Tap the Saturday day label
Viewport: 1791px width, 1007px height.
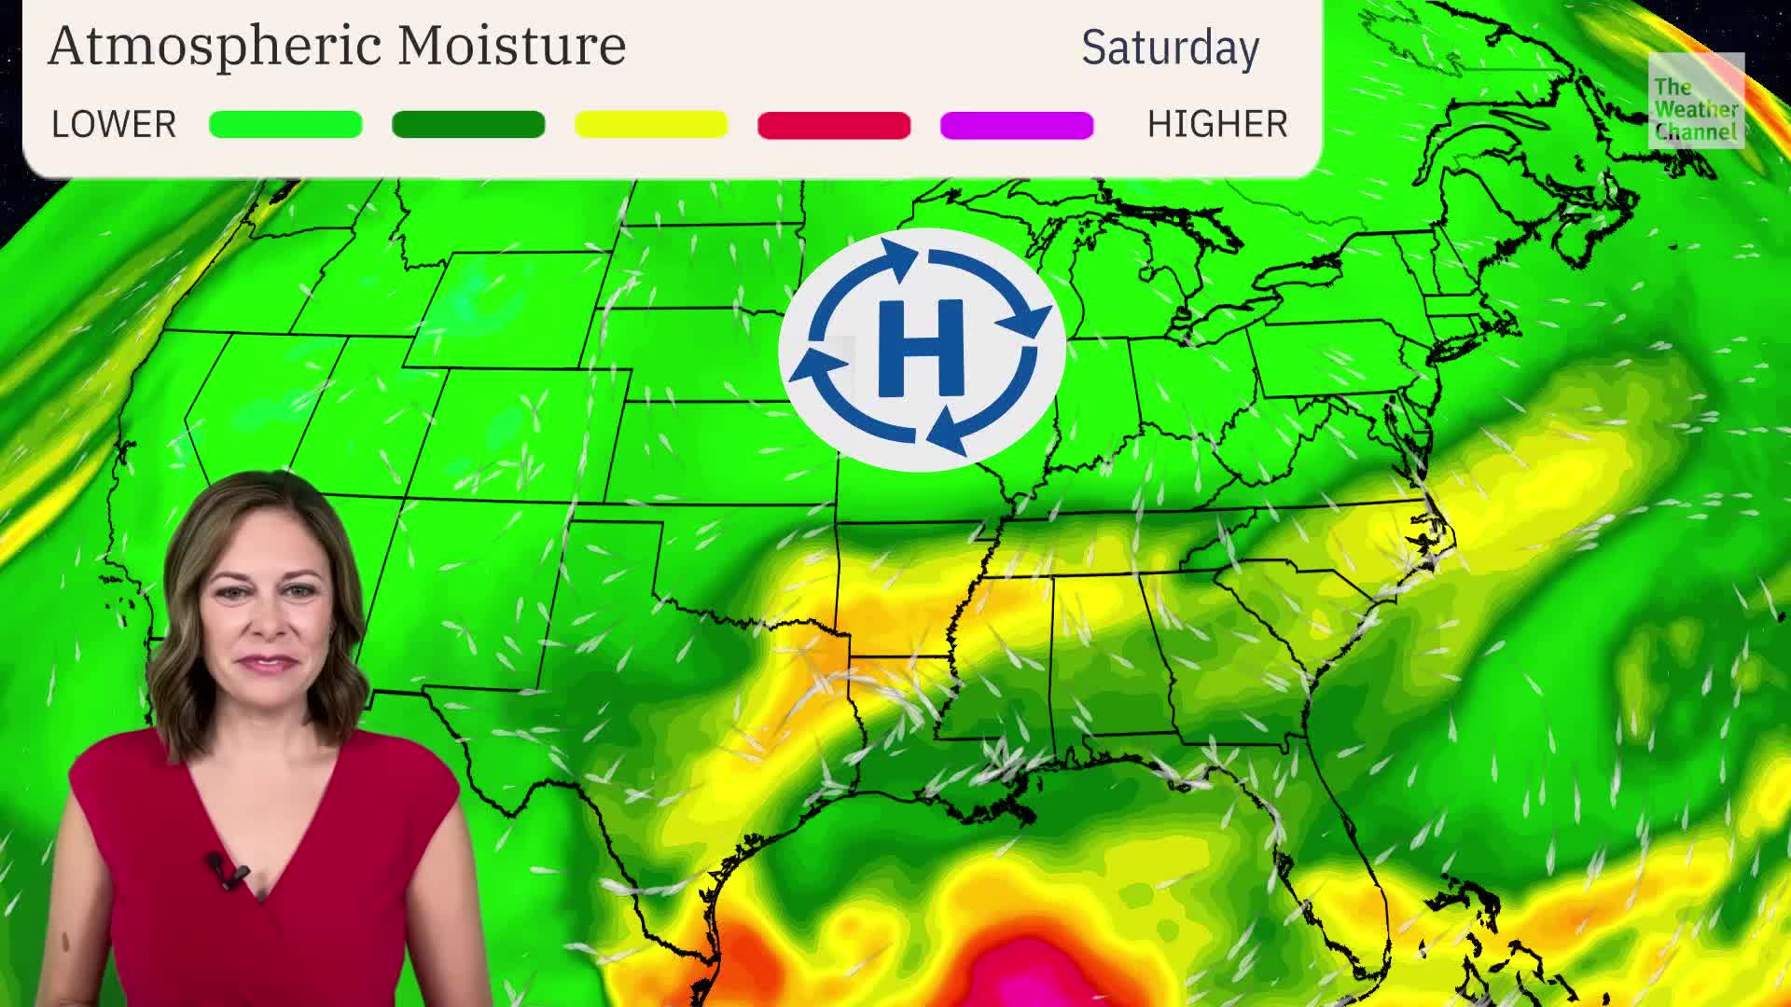pos(1170,48)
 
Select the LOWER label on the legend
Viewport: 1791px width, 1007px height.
pos(114,124)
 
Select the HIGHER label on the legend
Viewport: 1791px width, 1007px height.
pos(1216,124)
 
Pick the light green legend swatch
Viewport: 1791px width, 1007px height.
pos(285,124)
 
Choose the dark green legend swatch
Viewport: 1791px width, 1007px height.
pos(468,124)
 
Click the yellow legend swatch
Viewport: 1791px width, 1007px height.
pos(651,124)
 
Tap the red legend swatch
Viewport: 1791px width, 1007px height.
pos(834,124)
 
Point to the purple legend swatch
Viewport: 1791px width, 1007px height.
pos(1017,124)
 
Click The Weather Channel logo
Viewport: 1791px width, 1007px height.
pos(1695,101)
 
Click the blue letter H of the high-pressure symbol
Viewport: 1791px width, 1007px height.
pos(921,348)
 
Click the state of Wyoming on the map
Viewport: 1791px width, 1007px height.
pos(508,308)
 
